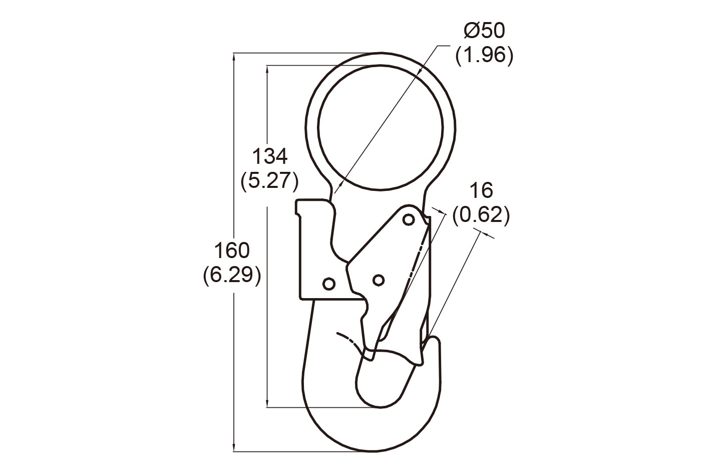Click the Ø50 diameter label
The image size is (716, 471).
click(484, 31)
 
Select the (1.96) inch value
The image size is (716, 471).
click(484, 55)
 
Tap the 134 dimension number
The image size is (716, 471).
click(269, 156)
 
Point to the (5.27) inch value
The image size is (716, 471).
click(269, 180)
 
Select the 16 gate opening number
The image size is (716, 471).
click(481, 191)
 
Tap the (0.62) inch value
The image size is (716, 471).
click(481, 215)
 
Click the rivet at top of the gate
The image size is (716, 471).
click(409, 219)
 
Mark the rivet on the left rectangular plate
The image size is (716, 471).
click(328, 284)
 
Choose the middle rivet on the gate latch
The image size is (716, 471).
click(378, 280)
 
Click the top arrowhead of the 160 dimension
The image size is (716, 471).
click(234, 56)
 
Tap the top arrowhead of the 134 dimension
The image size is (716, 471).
click(268, 69)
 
